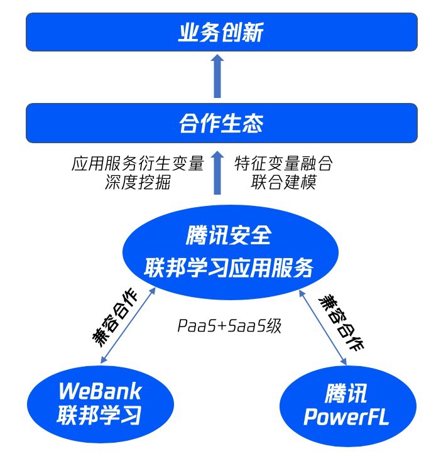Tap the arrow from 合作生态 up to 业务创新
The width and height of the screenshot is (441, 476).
(217, 76)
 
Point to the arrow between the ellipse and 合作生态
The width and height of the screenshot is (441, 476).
(217, 173)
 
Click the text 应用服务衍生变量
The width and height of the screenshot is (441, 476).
(138, 165)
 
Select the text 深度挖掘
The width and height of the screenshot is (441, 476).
(138, 183)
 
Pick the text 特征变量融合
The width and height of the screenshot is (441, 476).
(283, 165)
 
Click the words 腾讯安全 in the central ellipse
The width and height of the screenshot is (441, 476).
(229, 235)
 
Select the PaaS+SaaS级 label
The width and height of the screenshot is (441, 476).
(229, 326)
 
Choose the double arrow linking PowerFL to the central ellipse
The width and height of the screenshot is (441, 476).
(324, 327)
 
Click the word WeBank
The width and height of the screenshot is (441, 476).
(100, 391)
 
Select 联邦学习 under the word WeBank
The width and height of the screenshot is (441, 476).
(100, 415)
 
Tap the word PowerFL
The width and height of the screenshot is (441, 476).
(346, 417)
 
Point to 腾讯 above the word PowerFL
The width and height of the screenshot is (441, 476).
(346, 393)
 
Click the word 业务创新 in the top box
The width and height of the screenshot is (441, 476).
(220, 32)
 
